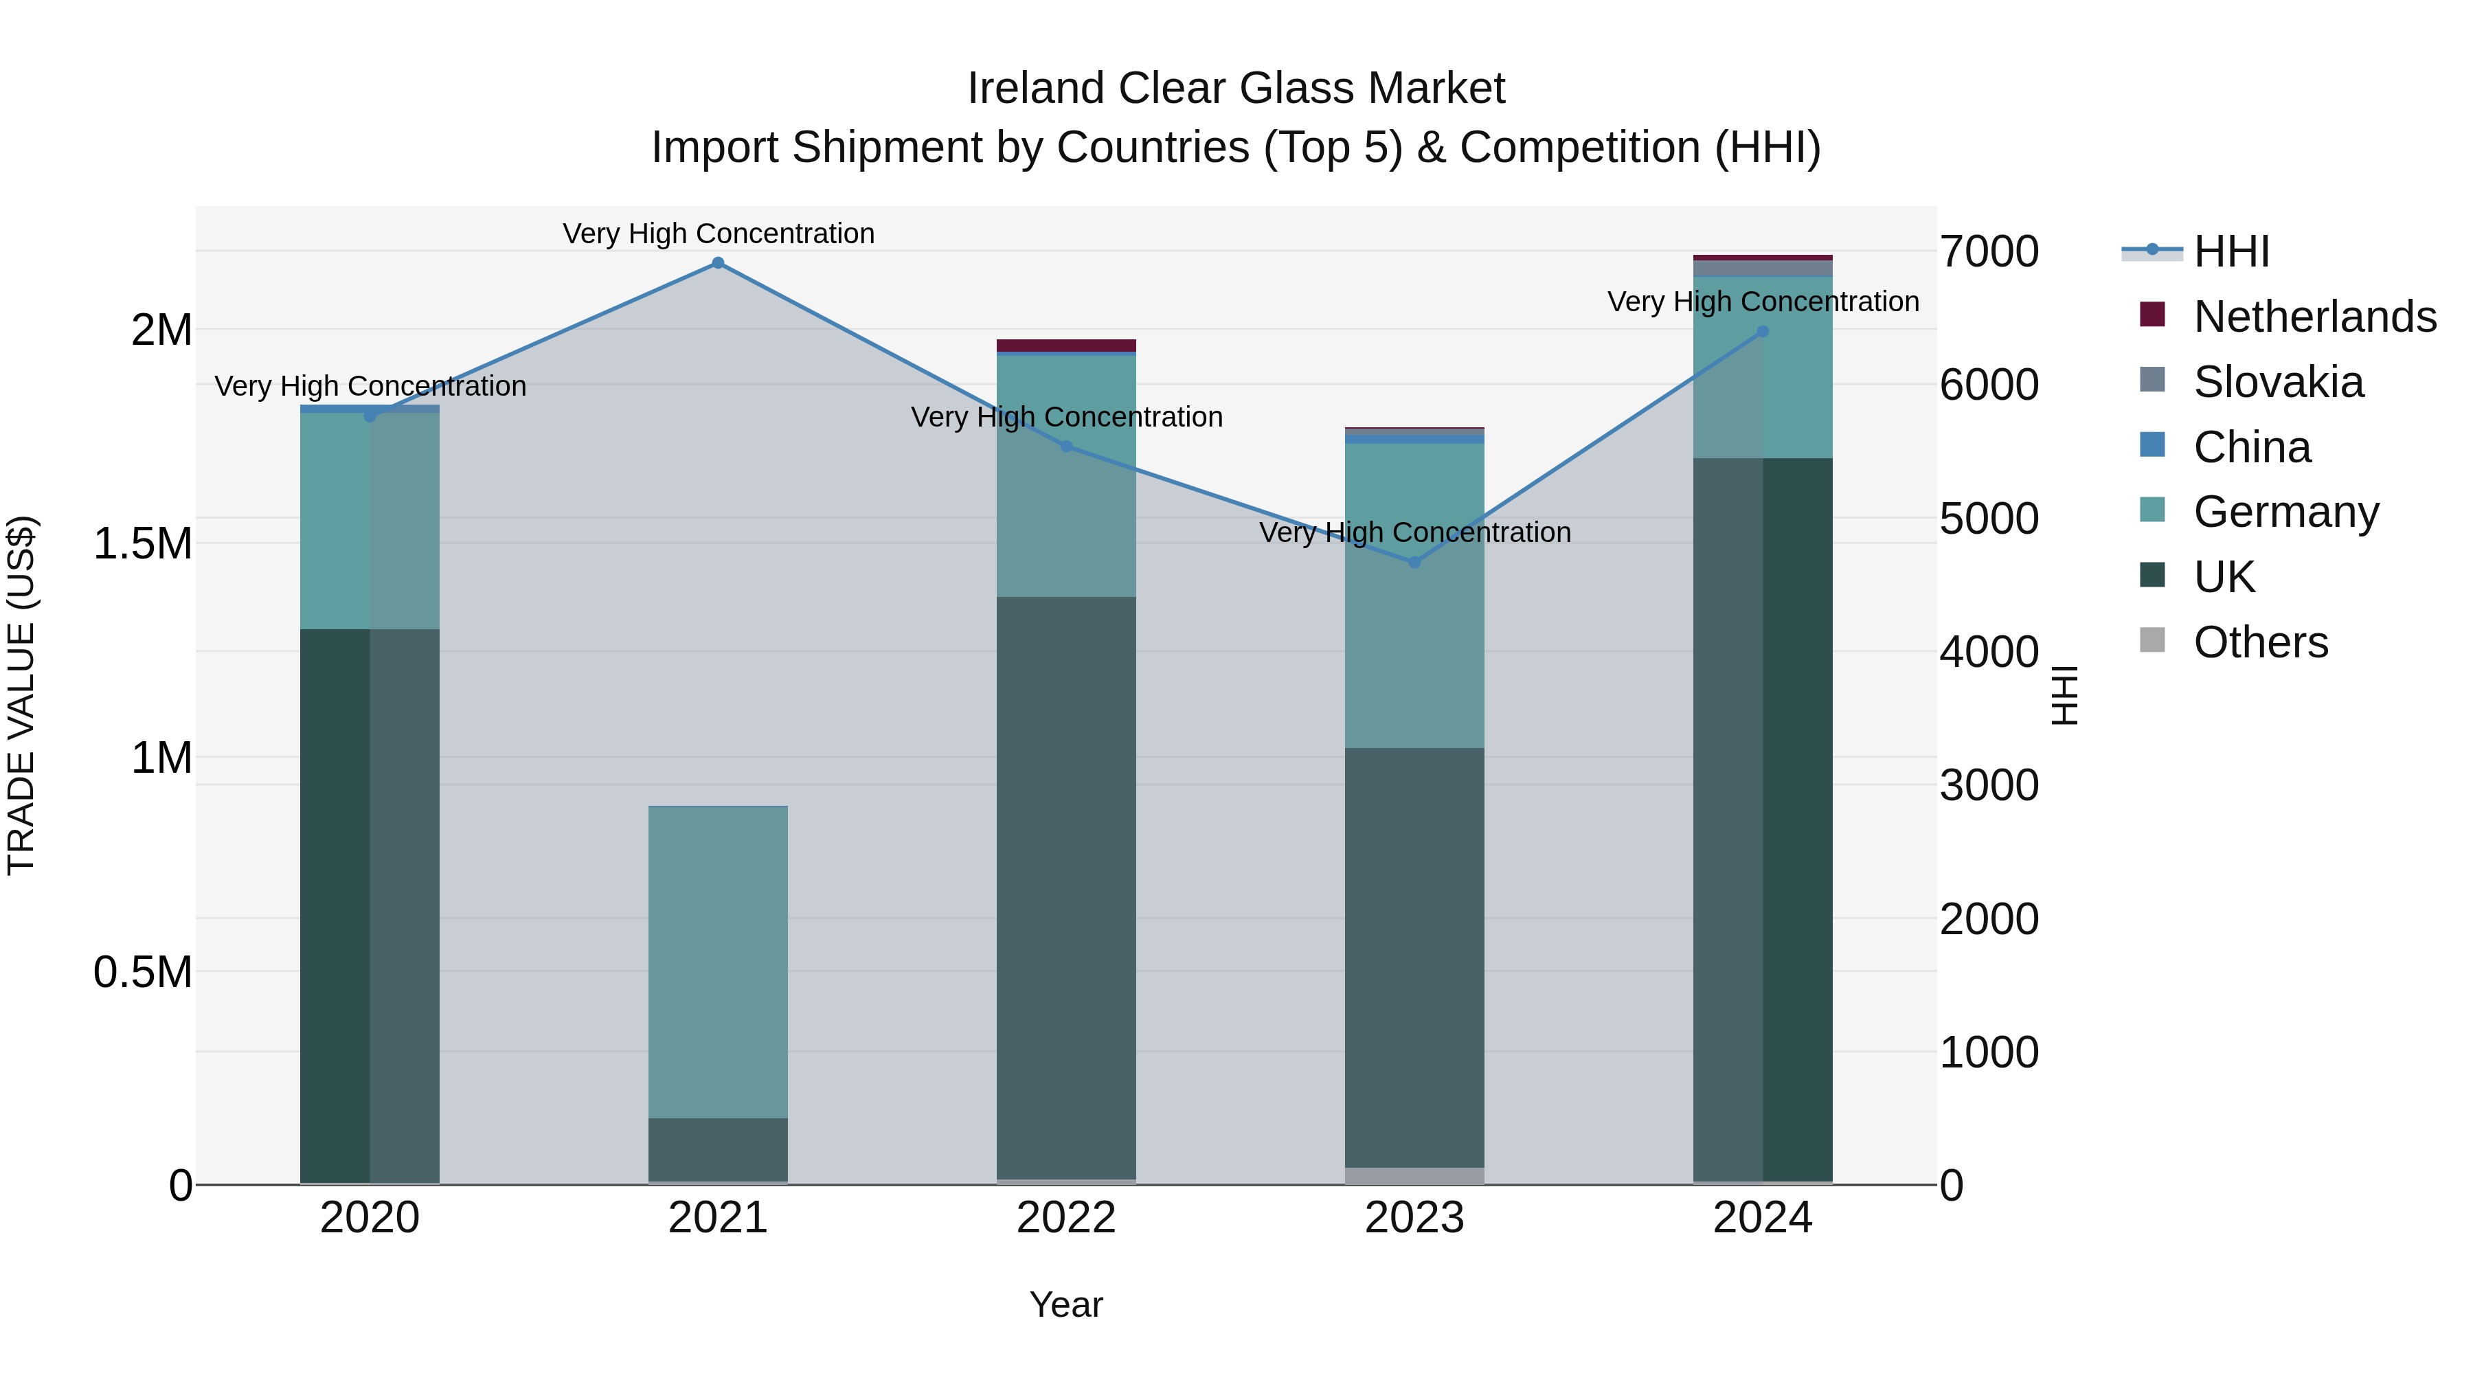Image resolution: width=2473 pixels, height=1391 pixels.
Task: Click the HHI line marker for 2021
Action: click(717, 263)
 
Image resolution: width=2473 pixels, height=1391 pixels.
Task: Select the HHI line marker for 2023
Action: click(1414, 563)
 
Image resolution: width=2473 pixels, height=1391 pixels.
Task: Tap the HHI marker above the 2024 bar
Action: click(1763, 332)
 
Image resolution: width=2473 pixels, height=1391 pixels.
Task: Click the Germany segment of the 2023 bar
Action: click(1414, 595)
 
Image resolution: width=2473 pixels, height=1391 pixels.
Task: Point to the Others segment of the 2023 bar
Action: click(1414, 1176)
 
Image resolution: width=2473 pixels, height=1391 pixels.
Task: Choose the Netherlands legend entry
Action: click(2314, 317)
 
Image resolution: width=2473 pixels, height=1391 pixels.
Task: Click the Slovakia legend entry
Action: click(2277, 382)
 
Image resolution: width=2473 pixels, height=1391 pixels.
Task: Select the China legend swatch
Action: click(2152, 445)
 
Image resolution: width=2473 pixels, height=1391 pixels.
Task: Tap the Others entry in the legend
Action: click(2260, 642)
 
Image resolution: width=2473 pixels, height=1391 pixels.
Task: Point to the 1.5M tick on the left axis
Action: click(142, 543)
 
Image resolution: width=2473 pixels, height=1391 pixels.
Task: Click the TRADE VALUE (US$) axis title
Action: click(21, 695)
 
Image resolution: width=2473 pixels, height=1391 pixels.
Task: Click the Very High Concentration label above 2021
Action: click(718, 234)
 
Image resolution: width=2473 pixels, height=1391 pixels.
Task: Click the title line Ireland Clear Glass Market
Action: click(1236, 89)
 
